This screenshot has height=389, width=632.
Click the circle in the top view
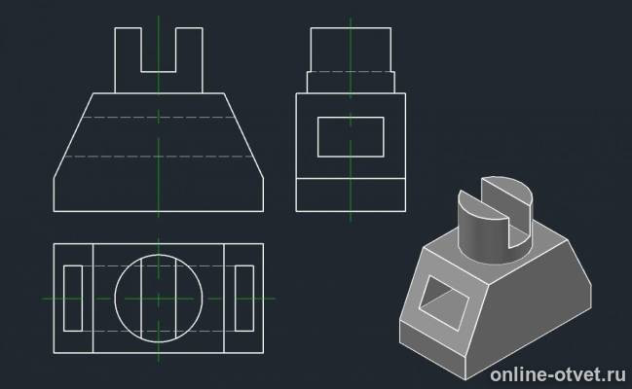tap(115, 299)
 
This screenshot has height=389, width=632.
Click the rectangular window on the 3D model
tap(444, 302)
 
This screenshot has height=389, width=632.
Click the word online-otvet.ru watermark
tap(558, 375)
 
